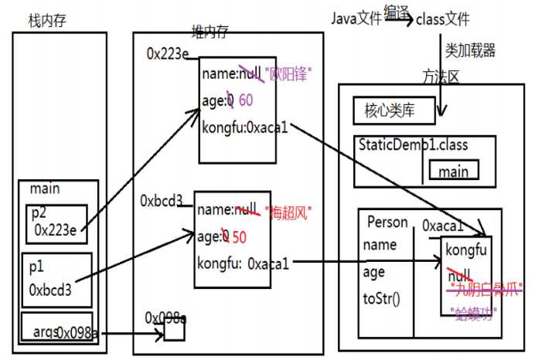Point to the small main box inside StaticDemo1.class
453,172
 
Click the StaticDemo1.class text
413,145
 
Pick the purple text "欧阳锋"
292,74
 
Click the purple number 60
246,100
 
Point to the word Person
387,222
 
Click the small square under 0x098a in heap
174,331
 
